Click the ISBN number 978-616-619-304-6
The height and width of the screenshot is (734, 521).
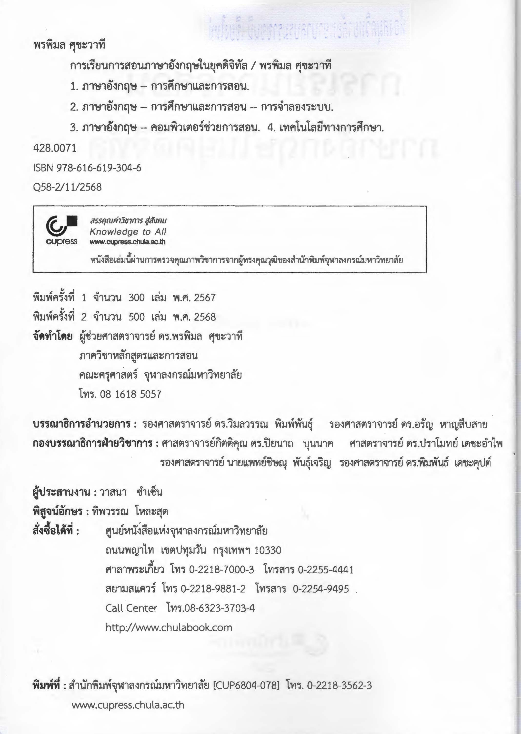[x=99, y=168]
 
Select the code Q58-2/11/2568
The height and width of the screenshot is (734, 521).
[x=67, y=187]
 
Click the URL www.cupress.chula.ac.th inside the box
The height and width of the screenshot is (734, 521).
[x=128, y=242]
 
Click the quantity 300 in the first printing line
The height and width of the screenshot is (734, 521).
[x=136, y=298]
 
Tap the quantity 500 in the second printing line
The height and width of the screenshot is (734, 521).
[x=136, y=317]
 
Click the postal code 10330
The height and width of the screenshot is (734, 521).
[x=268, y=550]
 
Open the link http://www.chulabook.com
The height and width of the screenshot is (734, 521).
[x=169, y=627]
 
